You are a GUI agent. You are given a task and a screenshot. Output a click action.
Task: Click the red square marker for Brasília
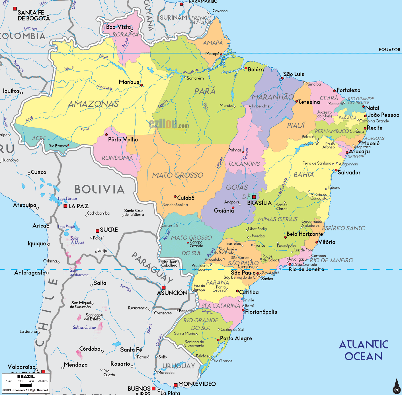254,197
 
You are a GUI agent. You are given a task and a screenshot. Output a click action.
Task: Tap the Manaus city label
129,82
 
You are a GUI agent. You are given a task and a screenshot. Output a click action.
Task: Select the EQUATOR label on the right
389,50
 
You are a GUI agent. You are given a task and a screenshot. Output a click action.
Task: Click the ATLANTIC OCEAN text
364,351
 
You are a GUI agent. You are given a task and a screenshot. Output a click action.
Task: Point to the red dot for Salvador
336,170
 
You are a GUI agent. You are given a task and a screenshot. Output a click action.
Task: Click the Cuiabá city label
186,198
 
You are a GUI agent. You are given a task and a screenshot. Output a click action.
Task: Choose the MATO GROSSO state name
178,175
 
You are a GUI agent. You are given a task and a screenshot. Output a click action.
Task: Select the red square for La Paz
65,206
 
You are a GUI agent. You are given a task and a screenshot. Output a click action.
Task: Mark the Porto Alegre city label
236,338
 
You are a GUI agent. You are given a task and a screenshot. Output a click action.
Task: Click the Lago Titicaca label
67,199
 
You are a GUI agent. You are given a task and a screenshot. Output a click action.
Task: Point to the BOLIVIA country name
99,190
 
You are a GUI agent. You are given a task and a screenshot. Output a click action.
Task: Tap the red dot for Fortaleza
335,91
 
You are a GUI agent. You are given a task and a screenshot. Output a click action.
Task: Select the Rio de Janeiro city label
306,269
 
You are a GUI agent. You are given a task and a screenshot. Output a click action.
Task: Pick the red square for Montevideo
176,385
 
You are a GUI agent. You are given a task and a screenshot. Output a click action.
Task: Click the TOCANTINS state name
244,164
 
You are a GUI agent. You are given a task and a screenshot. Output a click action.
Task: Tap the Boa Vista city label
118,27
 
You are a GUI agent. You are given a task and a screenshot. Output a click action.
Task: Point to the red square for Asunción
164,288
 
